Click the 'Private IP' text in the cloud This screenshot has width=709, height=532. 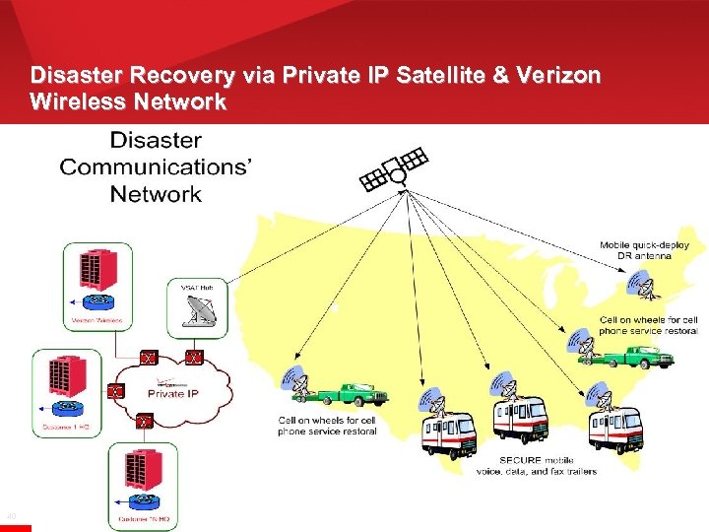tap(172, 393)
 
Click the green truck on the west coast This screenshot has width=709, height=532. tap(349, 394)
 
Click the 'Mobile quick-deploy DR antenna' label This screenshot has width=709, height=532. tap(644, 250)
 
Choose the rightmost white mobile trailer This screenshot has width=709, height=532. tap(615, 427)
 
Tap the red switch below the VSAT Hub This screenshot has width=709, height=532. tap(195, 357)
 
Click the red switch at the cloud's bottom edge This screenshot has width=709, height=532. tap(144, 423)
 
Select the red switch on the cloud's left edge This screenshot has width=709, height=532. tap(115, 391)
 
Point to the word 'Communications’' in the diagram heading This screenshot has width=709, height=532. tap(156, 166)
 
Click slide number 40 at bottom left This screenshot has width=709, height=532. tap(11, 515)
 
